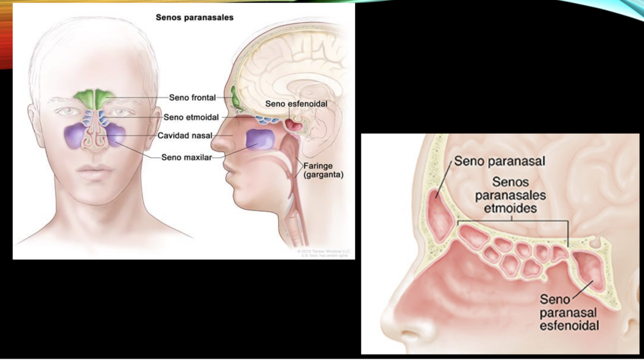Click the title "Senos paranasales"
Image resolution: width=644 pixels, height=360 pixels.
click(194, 17)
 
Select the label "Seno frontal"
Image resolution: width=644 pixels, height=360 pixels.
click(192, 98)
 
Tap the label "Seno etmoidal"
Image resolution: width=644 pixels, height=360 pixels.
click(191, 117)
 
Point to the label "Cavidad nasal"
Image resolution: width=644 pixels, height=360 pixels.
click(184, 136)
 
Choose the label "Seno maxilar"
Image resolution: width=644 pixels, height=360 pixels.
click(186, 157)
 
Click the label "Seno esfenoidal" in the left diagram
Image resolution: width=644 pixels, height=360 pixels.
click(296, 104)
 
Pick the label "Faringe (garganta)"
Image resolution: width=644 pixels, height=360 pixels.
click(323, 171)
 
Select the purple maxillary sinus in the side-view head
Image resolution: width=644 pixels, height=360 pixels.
click(261, 139)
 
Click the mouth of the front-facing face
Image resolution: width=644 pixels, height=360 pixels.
click(95, 170)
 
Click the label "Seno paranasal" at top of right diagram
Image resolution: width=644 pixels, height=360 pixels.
click(499, 161)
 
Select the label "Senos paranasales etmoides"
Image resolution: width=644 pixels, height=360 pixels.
click(510, 195)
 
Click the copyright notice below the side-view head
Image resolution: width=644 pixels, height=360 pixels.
click(323, 253)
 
